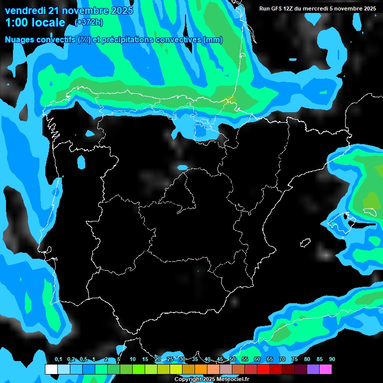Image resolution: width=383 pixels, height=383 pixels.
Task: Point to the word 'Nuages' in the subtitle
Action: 19,40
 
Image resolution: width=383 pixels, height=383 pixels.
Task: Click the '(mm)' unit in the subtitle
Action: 213,40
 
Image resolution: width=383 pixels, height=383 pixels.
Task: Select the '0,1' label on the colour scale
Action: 58,360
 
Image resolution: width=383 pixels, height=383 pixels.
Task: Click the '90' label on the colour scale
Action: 332,360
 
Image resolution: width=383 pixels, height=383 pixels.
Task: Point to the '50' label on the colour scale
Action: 232,360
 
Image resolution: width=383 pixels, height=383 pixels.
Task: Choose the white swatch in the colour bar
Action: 51,370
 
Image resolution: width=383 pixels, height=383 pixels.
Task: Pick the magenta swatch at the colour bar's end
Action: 325,370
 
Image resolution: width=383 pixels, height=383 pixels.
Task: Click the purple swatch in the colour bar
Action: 313,370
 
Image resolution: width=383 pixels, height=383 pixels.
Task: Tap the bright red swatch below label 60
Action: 263,370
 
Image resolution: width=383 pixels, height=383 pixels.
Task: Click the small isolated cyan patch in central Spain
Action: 183,167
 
